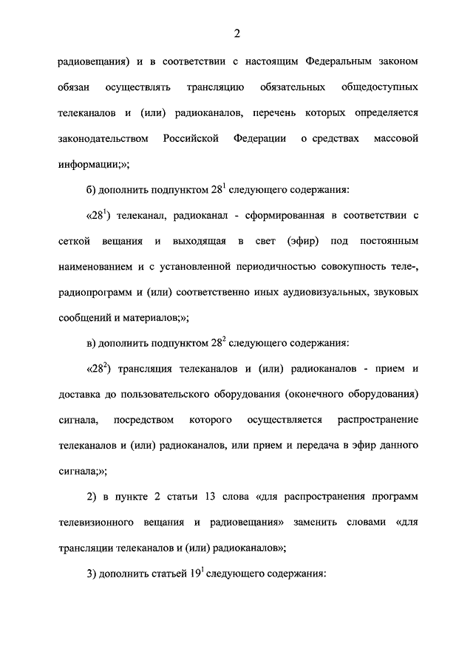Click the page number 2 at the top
pyautogui.click(x=236, y=33)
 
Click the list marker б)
pyautogui.click(x=92, y=190)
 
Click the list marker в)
pyautogui.click(x=92, y=343)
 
